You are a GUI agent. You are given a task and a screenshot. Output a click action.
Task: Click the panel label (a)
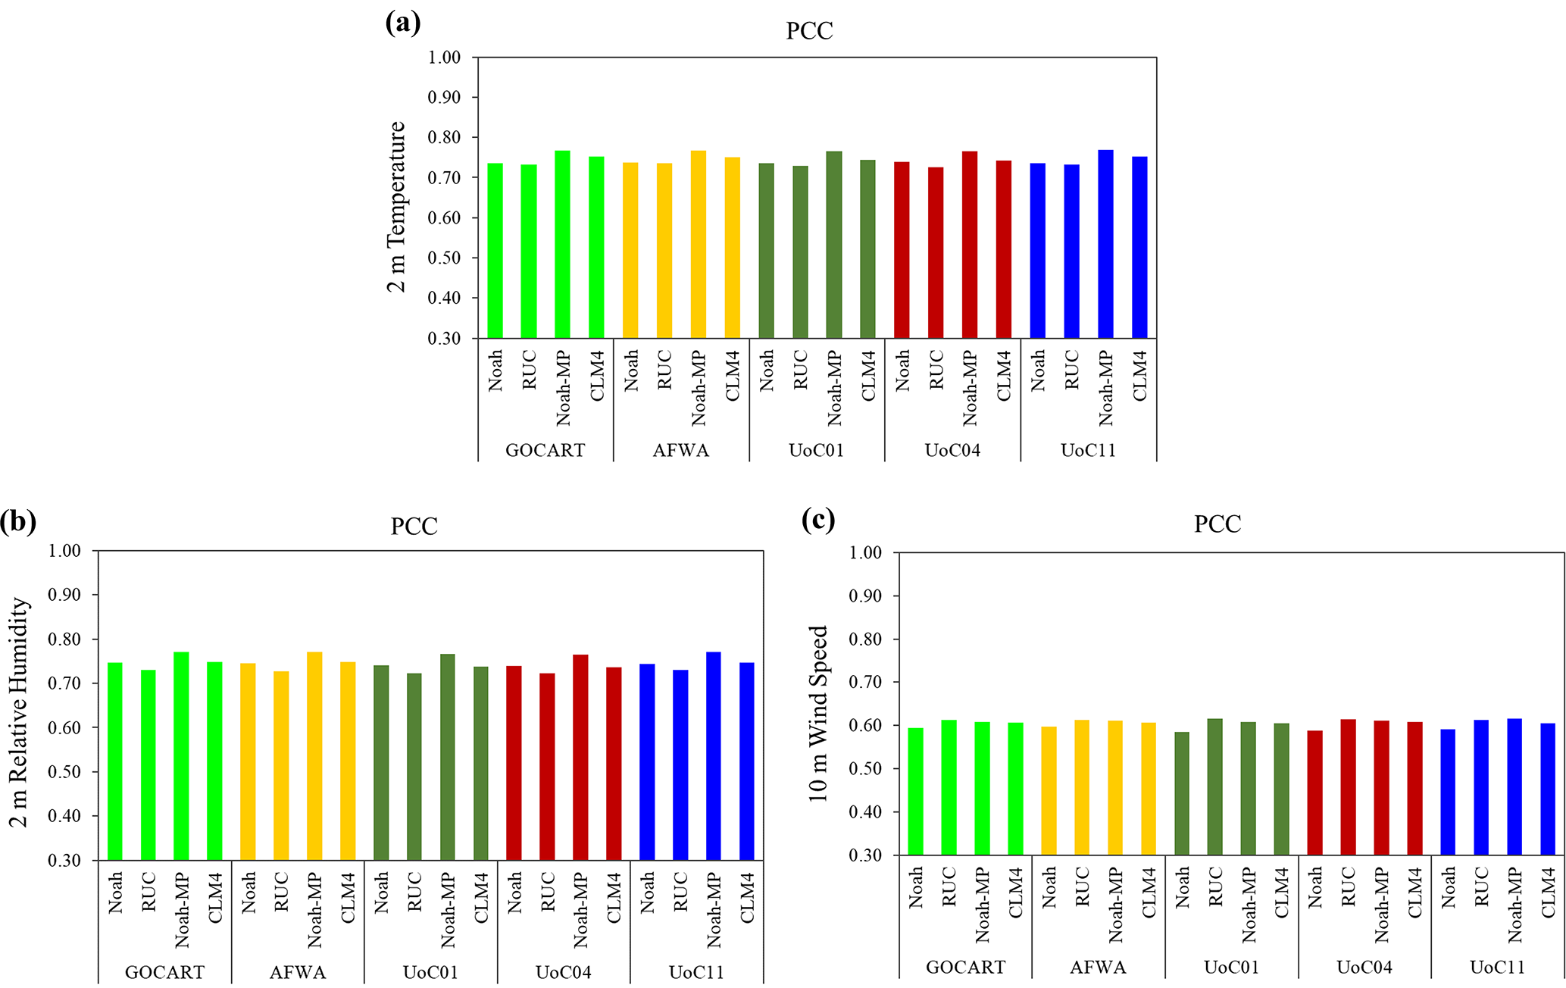click(403, 23)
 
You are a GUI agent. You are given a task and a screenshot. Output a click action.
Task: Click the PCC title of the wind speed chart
click(1217, 524)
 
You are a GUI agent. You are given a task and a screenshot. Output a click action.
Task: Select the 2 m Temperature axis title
click(397, 206)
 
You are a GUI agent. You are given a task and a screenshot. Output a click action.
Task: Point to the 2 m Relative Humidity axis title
click(19, 712)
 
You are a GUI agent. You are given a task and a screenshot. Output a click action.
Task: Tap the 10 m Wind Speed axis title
click(819, 714)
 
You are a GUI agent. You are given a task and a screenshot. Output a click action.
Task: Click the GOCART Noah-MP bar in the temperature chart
click(562, 244)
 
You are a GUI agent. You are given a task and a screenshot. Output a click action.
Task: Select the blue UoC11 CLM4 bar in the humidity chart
click(747, 761)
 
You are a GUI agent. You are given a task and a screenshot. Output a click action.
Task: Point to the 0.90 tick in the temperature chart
click(444, 98)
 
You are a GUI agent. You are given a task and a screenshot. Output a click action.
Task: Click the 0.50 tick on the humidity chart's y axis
click(64, 772)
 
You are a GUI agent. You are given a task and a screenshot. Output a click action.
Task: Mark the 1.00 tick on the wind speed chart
click(865, 553)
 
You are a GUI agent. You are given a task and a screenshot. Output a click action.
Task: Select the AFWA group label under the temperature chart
click(681, 451)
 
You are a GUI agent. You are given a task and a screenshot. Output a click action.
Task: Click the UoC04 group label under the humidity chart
click(563, 973)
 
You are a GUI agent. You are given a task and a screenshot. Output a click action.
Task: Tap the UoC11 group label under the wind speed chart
click(1497, 968)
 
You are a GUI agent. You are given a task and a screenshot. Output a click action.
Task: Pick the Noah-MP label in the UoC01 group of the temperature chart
click(834, 388)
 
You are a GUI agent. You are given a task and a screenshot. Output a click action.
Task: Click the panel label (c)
click(818, 520)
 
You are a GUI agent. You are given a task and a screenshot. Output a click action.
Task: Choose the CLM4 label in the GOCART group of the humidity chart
click(215, 899)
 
